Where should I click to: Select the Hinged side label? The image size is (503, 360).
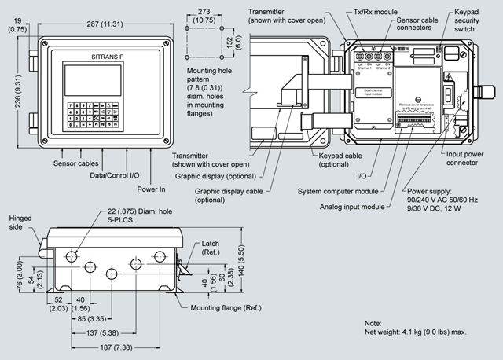(20, 222)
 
